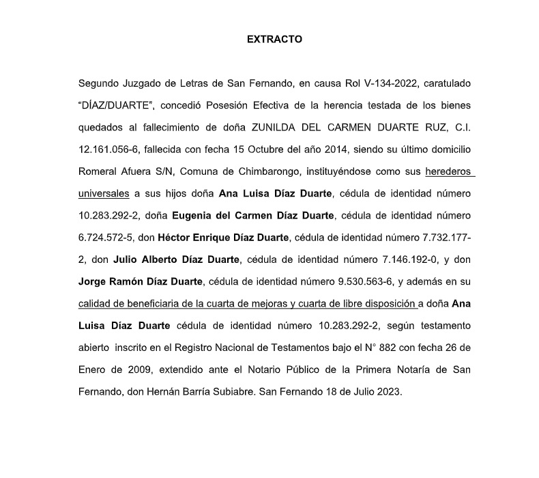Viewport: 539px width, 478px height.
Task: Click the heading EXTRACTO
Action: tap(274, 40)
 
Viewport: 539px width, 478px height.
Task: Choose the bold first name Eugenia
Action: tap(194, 215)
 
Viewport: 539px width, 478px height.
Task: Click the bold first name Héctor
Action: tap(175, 237)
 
